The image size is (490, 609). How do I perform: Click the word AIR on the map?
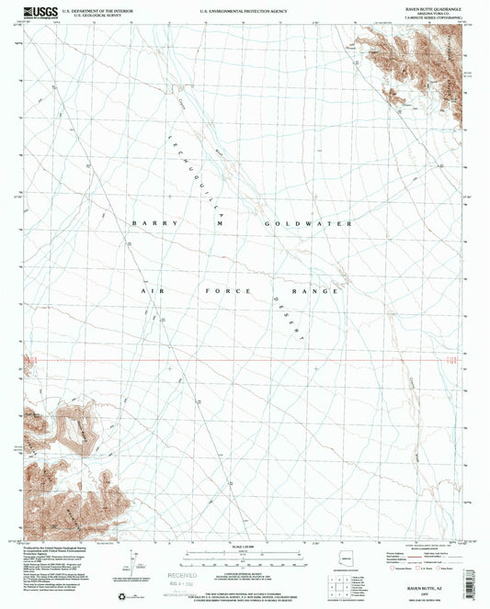tap(151, 291)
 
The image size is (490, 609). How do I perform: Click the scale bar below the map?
tap(244, 555)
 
